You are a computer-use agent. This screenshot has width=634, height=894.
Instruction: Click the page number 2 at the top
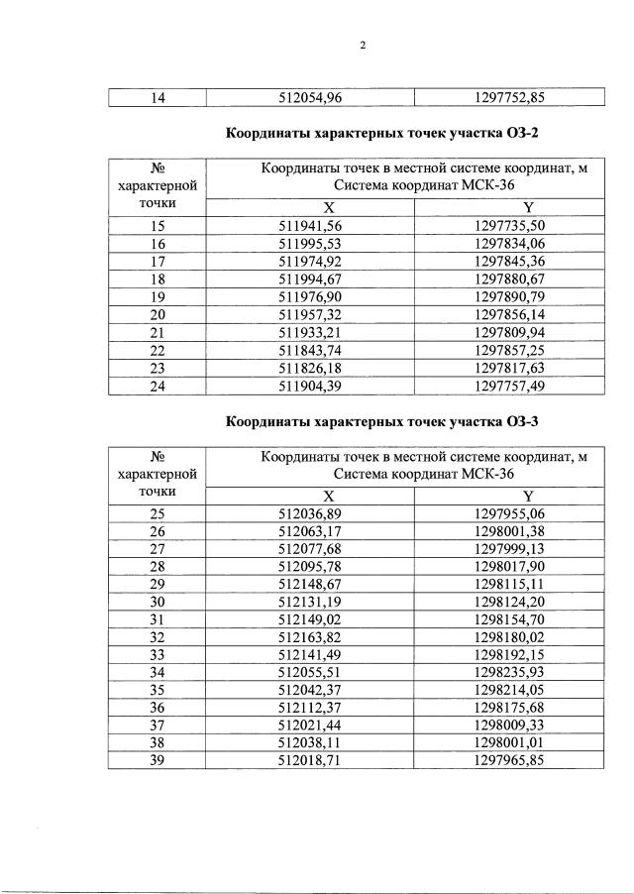(x=363, y=45)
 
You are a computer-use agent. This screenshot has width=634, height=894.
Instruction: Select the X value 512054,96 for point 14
(x=310, y=97)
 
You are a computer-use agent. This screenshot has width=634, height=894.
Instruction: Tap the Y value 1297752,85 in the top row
(x=509, y=97)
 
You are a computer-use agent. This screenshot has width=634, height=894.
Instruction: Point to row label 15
(x=158, y=226)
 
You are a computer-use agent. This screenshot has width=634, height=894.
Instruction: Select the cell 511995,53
(x=310, y=244)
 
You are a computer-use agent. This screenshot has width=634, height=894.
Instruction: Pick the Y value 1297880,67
(x=509, y=279)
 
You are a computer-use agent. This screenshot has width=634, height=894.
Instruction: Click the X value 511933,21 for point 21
(x=310, y=333)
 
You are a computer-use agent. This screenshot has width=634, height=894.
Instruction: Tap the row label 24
(x=158, y=387)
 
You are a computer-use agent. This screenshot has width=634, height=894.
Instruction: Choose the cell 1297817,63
(x=509, y=369)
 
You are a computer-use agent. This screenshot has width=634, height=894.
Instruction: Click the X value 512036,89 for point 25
(x=310, y=513)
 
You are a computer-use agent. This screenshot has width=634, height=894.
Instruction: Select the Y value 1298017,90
(x=509, y=566)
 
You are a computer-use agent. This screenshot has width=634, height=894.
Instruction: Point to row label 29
(x=158, y=584)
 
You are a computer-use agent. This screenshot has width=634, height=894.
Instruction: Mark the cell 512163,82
(x=310, y=637)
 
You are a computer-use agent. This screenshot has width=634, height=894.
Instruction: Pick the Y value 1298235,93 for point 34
(x=509, y=673)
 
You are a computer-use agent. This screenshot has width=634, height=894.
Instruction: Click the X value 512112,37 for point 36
(x=310, y=709)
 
